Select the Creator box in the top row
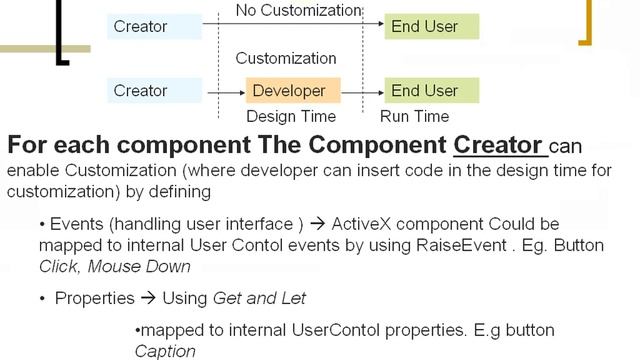(154, 25)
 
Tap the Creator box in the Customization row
(154, 91)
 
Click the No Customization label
(297, 10)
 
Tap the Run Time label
(415, 116)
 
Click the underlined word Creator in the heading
(499, 145)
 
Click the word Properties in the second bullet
(92, 298)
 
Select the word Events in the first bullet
(74, 223)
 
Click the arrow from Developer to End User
(362, 91)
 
